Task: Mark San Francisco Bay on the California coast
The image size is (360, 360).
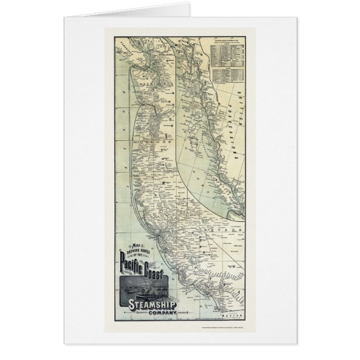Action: point(159,229)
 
